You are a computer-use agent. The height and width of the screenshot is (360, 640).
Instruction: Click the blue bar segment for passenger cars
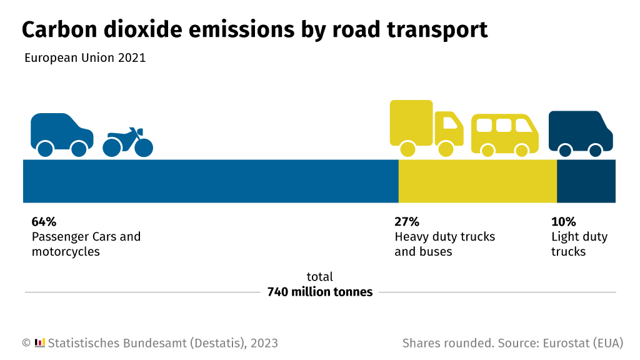pyautogui.click(x=211, y=181)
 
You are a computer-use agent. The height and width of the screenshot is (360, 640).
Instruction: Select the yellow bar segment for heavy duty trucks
pyautogui.click(x=477, y=181)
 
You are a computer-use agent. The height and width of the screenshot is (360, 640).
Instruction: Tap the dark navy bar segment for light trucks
pyautogui.click(x=586, y=181)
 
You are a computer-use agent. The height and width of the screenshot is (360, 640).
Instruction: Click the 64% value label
pyautogui.click(x=44, y=222)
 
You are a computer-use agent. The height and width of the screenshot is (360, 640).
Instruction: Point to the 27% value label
pyautogui.click(x=406, y=222)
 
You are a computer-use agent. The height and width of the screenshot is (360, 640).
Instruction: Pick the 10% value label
pyautogui.click(x=563, y=222)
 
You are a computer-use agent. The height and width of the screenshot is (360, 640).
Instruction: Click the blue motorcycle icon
pyautogui.click(x=128, y=143)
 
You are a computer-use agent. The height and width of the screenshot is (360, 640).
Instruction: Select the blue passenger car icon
pyautogui.click(x=61, y=133)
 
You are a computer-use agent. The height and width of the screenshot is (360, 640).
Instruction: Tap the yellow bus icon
pyautogui.click(x=504, y=134)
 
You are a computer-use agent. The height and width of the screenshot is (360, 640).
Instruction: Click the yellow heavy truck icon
pyautogui.click(x=425, y=126)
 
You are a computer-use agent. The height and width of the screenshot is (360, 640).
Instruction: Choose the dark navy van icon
pyautogui.click(x=580, y=132)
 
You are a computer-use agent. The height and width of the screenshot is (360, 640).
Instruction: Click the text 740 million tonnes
pyautogui.click(x=319, y=292)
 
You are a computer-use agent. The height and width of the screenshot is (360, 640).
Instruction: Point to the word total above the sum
pyautogui.click(x=319, y=277)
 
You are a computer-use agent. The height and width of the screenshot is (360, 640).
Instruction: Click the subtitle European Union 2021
pyautogui.click(x=85, y=58)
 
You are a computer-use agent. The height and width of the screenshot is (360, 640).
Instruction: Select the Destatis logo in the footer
pyautogui.click(x=39, y=342)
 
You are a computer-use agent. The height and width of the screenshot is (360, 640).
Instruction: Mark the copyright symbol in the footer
pyautogui.click(x=26, y=343)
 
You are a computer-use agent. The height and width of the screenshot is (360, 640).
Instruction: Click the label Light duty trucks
pyautogui.click(x=579, y=244)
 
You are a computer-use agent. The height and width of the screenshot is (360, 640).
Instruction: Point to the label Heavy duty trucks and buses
pyautogui.click(x=444, y=244)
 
